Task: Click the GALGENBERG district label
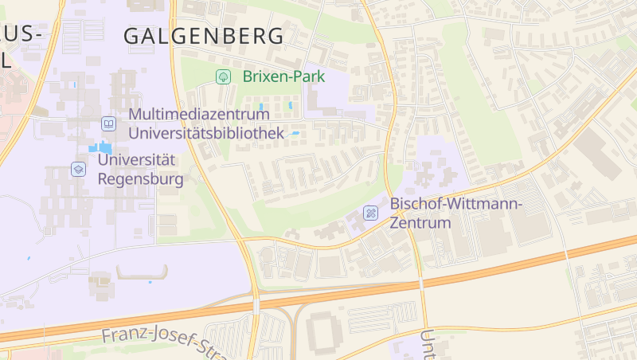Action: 204,36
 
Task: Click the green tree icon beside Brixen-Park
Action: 224,76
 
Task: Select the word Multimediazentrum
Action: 198,115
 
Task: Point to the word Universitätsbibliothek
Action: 206,133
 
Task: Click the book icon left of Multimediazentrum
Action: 108,123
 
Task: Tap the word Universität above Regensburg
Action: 135,160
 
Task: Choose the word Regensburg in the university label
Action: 140,178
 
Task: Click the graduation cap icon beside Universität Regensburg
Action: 78,169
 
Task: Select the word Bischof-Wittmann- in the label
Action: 455,204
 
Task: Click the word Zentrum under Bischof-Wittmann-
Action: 420,222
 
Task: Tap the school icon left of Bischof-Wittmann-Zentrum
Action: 370,213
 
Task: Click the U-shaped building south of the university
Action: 143,273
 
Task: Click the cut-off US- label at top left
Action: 20,33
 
